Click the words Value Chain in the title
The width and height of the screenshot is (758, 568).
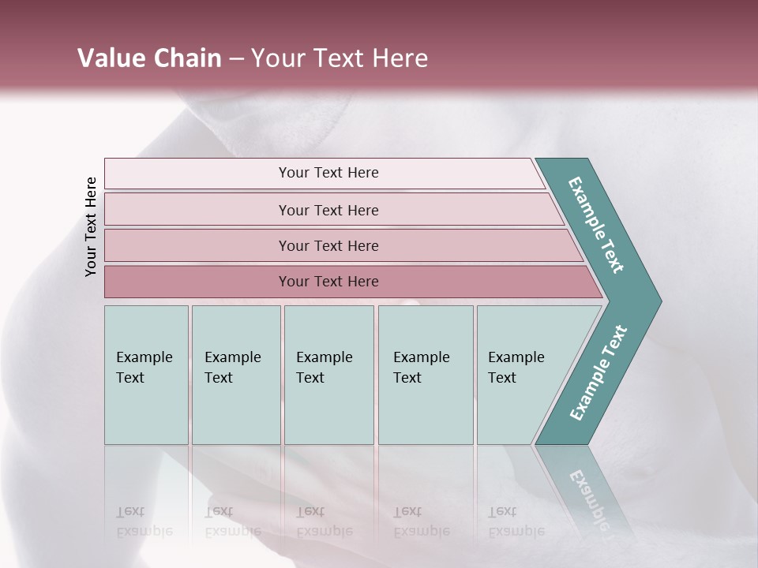(x=149, y=58)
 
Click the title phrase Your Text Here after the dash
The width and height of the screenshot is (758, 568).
(x=340, y=58)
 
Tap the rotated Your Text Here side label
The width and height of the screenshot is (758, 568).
(x=91, y=226)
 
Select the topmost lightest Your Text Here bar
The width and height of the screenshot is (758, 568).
(x=328, y=173)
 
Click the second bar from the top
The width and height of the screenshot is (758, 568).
(x=328, y=210)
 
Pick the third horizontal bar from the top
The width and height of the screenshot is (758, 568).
(x=328, y=245)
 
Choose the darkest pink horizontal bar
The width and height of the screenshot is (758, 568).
(x=328, y=282)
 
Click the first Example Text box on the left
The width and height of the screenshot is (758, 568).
(x=146, y=375)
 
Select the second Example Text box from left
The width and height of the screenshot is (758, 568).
(x=235, y=375)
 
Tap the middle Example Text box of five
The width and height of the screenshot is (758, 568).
(x=328, y=375)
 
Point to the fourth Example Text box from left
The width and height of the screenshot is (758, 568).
(x=425, y=375)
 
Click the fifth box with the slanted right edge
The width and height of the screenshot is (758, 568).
(x=521, y=375)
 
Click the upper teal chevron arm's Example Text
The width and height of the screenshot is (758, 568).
(x=597, y=225)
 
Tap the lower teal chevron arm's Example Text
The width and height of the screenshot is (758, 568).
(x=599, y=373)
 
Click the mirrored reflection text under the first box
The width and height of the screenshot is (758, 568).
(x=144, y=522)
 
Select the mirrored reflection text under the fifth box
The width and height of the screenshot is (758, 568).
(x=516, y=522)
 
